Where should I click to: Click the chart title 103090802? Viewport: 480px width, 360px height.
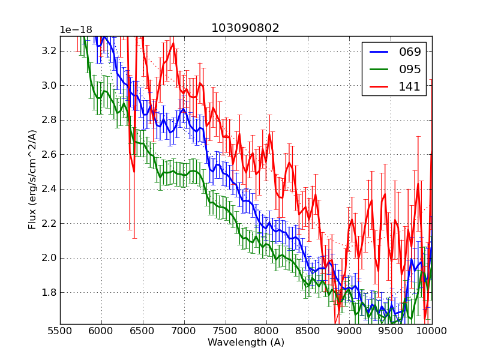[245, 28]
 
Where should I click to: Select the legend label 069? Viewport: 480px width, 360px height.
[410, 52]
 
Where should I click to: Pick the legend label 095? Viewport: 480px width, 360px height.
[410, 69]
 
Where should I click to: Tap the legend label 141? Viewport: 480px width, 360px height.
[410, 86]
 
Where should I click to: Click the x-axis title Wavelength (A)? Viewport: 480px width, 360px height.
[246, 343]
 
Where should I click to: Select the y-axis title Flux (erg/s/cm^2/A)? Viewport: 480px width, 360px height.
[32, 180]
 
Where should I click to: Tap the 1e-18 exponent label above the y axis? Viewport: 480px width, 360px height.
[76, 30]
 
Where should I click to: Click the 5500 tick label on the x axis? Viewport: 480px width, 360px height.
[60, 331]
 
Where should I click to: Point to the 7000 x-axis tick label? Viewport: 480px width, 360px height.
[184, 331]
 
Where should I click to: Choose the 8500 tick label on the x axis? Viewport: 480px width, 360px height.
[308, 331]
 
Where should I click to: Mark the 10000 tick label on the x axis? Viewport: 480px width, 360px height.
[431, 331]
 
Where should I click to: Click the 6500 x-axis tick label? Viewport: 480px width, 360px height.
[143, 331]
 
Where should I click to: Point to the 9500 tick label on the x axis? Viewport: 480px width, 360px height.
[391, 331]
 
